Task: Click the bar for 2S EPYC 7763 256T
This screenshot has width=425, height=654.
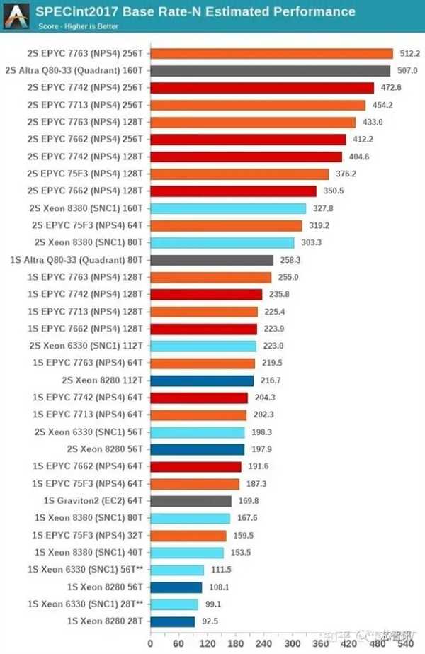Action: point(272,53)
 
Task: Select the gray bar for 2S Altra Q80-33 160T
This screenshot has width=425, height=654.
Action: point(271,70)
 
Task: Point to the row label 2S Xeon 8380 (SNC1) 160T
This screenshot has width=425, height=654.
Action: point(84,208)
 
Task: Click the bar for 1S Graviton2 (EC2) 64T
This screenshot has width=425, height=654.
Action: point(191,501)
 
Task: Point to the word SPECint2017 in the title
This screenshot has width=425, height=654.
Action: point(65,11)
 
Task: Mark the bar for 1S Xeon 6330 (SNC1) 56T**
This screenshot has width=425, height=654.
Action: point(177,570)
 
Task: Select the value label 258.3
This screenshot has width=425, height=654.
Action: point(290,260)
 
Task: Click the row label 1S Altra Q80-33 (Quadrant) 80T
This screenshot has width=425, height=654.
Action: point(77,260)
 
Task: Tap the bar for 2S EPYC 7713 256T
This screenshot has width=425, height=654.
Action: point(258,105)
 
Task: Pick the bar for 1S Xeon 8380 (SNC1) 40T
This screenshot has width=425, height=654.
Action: point(187,553)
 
